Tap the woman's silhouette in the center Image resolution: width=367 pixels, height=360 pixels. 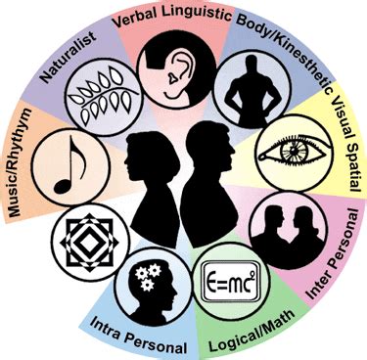click(157, 181)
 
